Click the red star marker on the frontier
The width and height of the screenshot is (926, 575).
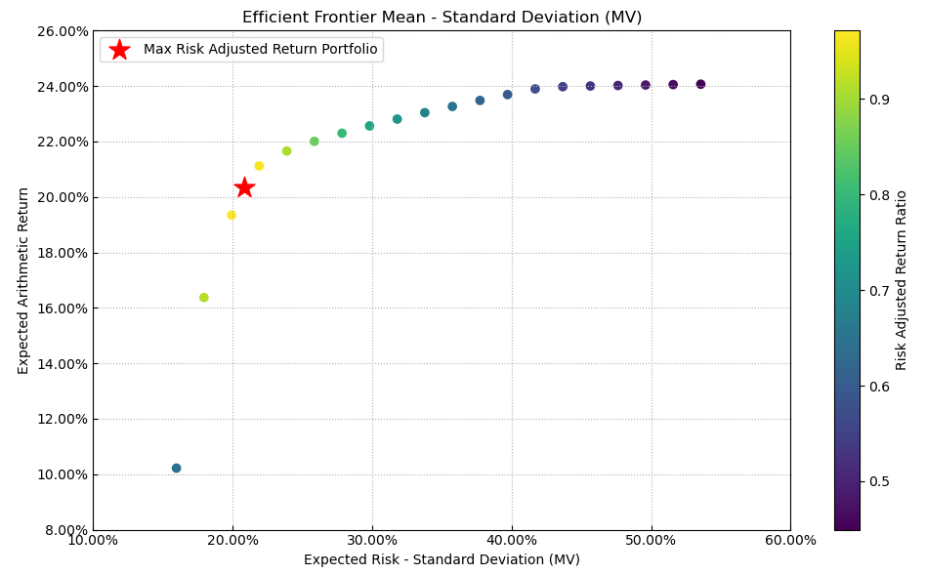pos(244,187)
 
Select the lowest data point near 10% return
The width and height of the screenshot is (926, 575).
pos(177,469)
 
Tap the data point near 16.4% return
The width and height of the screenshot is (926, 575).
pos(204,298)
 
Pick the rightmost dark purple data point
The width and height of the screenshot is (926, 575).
pos(700,85)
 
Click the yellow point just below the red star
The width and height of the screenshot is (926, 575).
pos(231,215)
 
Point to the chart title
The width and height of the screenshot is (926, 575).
pos(442,18)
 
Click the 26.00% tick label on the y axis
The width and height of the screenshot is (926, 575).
pos(62,31)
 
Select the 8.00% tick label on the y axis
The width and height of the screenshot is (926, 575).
pos(64,530)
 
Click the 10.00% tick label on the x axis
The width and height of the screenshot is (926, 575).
pos(93,541)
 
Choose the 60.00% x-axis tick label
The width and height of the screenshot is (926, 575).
pos(790,541)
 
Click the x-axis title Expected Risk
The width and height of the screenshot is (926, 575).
pos(442,560)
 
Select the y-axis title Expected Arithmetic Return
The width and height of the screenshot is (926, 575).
pos(23,280)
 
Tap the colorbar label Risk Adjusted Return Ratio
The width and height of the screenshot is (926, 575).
pos(902,280)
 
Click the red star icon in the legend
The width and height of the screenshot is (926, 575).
pos(119,50)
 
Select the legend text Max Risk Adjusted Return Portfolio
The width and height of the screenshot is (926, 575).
pos(260,50)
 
